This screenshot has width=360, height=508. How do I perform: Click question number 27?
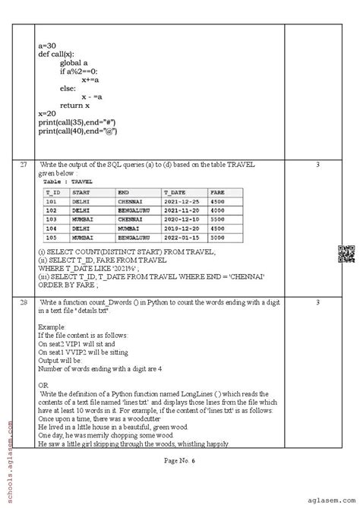coord(23,165)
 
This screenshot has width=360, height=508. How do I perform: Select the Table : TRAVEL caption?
coord(68,182)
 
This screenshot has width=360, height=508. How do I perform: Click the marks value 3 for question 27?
coord(317,165)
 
